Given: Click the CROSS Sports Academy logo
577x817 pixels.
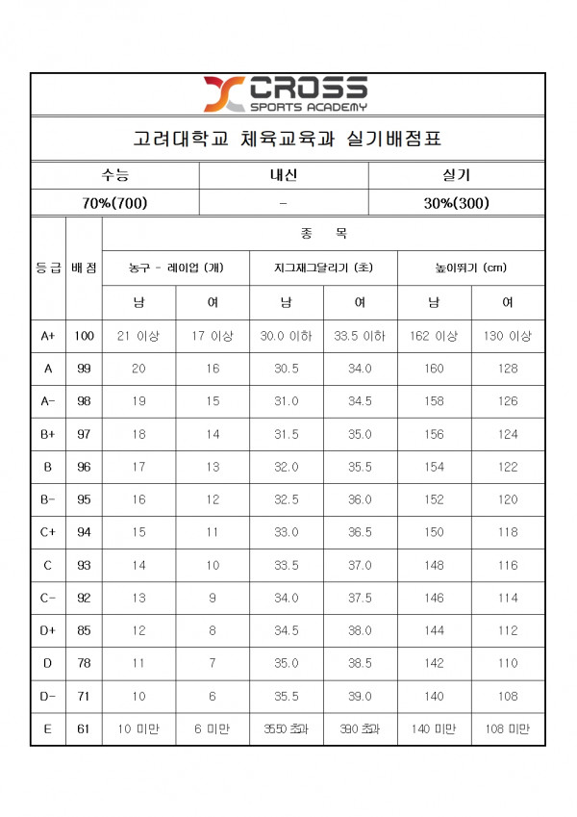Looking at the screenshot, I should pos(285,93).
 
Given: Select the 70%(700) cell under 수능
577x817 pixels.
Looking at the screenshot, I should pos(114,203).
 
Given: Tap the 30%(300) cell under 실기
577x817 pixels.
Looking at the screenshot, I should pos(456,203).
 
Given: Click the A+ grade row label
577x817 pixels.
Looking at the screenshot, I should pos(48,336).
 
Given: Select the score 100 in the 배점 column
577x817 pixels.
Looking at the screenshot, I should pos(84,336).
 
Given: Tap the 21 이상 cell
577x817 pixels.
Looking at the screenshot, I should pos(138,336).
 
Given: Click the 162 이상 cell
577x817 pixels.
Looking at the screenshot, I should pos(434,336).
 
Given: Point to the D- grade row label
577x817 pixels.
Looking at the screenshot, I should pos(48,696).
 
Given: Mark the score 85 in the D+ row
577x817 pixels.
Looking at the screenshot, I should pos(84,630).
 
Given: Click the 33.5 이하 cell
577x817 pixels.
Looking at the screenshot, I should pos(360,336).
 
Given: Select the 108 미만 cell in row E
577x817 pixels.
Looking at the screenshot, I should pos(508,729).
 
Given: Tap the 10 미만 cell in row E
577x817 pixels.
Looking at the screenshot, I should pos(138,729).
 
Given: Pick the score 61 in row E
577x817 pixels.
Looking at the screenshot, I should pos(84,729).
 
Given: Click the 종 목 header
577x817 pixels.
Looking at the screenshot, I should pos(323,233).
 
